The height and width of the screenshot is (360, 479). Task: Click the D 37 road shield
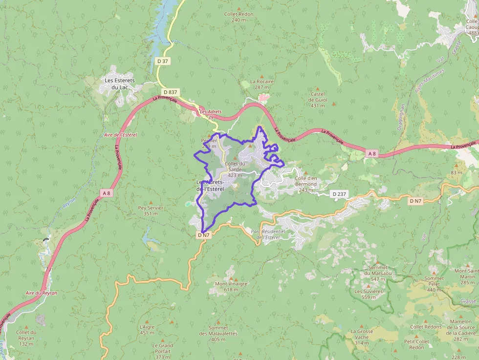click(x=163, y=61)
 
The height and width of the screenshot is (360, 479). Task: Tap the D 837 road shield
click(x=170, y=92)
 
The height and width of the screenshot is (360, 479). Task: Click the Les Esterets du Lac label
click(x=120, y=84)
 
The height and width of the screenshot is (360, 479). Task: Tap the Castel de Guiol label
click(x=318, y=99)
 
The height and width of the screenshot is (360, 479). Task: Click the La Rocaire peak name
click(x=262, y=82)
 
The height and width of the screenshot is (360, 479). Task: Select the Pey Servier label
click(x=151, y=208)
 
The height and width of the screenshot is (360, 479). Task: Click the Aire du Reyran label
click(x=42, y=293)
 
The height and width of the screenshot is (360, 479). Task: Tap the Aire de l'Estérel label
click(x=121, y=134)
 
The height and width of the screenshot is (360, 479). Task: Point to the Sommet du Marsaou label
click(x=378, y=270)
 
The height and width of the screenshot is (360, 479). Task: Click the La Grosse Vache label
click(x=362, y=334)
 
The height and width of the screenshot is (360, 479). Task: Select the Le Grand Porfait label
click(x=163, y=348)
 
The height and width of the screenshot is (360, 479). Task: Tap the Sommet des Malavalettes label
click(x=218, y=331)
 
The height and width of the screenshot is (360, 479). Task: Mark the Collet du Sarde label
click(x=235, y=167)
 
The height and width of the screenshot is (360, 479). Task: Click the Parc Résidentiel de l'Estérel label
click(x=267, y=234)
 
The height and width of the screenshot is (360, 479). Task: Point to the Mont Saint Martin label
click(x=467, y=274)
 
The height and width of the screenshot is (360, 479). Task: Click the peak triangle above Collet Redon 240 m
click(x=239, y=8)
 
